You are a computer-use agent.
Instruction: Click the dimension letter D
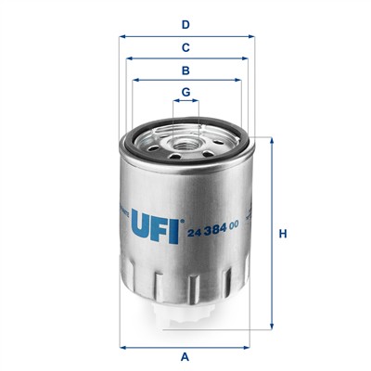(185, 24)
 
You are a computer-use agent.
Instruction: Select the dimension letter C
(185, 47)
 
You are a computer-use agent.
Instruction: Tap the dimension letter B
(185, 70)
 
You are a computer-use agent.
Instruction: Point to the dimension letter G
(185, 91)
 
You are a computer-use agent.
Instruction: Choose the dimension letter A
(185, 356)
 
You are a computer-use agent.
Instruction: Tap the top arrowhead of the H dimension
(271, 141)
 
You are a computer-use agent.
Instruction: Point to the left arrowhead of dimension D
(122, 37)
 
